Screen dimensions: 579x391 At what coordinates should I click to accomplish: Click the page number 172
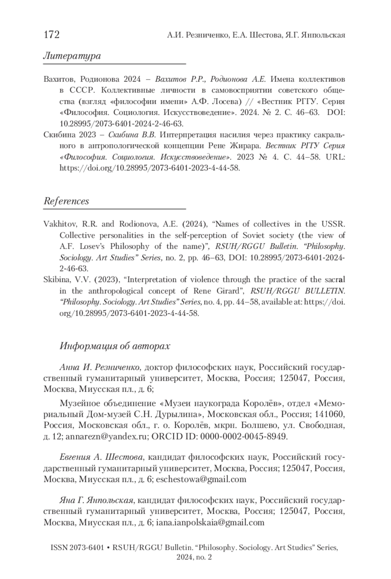(x=51, y=34)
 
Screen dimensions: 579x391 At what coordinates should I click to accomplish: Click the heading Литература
(x=72, y=56)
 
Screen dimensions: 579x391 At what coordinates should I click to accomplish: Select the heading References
(x=66, y=201)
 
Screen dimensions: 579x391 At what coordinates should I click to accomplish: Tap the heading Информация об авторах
(x=115, y=346)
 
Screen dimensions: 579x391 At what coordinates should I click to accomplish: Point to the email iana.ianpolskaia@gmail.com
(x=210, y=522)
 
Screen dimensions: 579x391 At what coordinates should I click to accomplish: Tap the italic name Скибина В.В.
(x=132, y=135)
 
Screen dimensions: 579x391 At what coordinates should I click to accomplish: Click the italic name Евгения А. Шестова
(x=101, y=457)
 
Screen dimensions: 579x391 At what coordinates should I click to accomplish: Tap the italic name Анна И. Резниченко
(x=100, y=368)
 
